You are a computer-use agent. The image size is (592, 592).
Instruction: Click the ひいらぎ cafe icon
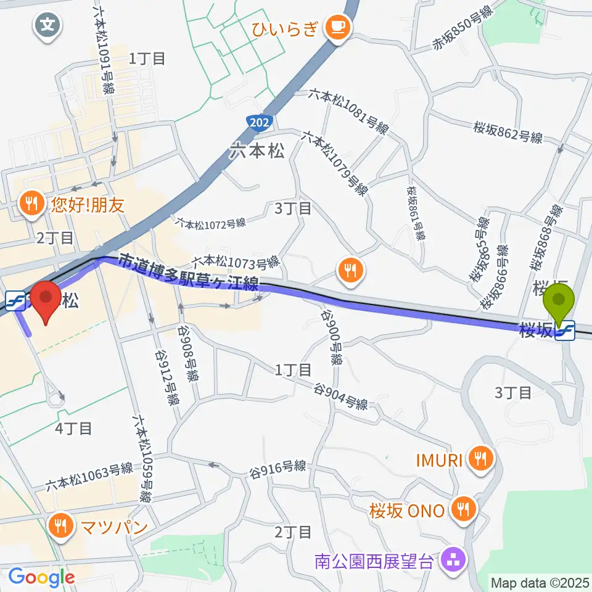tap(337, 26)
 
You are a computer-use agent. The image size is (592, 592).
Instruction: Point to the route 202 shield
tap(260, 123)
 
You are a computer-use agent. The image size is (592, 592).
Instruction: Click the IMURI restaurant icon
tap(480, 458)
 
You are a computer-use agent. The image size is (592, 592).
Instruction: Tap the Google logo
tap(41, 577)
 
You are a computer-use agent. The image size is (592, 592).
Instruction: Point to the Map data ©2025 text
tap(540, 582)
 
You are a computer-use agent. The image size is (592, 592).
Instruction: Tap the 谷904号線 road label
tap(342, 398)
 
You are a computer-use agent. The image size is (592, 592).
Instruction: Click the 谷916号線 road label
tap(277, 467)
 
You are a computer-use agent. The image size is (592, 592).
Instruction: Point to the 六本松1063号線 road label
tap(89, 477)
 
